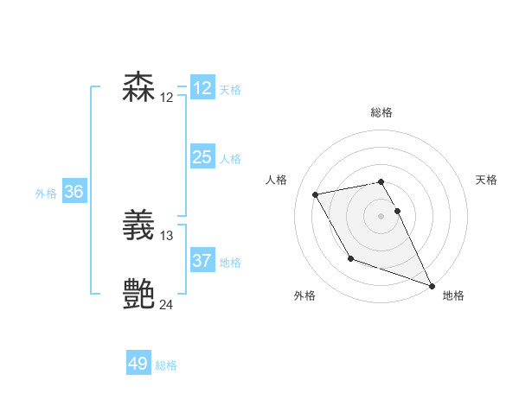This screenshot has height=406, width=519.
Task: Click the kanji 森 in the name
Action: (x=139, y=88)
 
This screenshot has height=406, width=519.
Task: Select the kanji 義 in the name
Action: (x=139, y=227)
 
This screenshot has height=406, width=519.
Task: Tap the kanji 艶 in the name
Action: (x=139, y=295)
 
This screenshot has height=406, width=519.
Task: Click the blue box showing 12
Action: (x=202, y=88)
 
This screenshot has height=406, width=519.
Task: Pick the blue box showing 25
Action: (x=202, y=157)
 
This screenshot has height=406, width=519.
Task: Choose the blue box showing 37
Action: (x=202, y=261)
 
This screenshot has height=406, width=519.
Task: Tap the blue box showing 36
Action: (x=74, y=192)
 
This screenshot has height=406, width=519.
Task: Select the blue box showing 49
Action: (x=138, y=364)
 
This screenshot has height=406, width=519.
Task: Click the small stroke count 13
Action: (x=167, y=235)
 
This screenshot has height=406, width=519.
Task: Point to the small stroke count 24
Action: (x=167, y=304)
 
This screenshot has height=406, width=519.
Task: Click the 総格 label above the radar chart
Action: (x=381, y=112)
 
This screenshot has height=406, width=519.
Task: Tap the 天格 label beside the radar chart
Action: (x=486, y=180)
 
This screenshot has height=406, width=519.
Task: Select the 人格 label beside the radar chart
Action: (x=276, y=180)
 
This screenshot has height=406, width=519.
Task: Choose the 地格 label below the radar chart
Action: (x=453, y=295)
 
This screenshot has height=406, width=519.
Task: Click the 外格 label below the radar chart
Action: (x=304, y=295)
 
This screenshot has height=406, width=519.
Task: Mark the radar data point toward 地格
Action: (x=432, y=285)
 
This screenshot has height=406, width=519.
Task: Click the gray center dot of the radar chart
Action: (x=381, y=216)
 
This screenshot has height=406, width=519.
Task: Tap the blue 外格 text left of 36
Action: (x=46, y=193)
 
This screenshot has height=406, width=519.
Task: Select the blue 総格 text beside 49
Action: (x=166, y=365)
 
